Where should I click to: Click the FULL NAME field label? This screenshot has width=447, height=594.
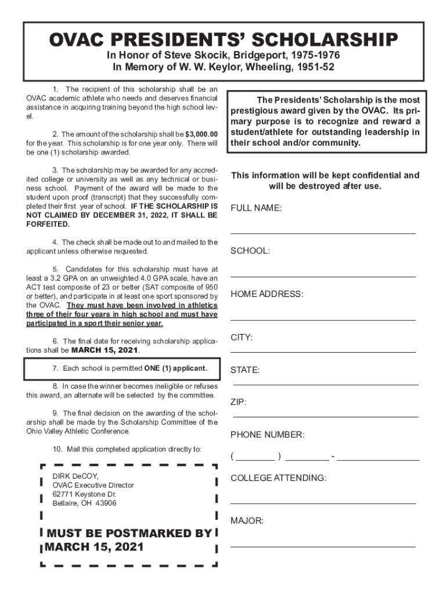(256, 208)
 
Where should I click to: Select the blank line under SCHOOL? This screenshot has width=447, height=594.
(323, 277)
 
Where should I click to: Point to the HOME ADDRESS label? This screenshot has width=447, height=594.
(267, 294)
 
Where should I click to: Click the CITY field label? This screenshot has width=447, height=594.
(241, 338)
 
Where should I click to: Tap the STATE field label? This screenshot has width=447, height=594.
(245, 370)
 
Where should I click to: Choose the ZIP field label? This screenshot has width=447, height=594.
(238, 402)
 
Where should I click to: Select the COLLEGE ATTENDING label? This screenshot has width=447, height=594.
(278, 478)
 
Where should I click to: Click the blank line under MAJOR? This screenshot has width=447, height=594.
(323, 546)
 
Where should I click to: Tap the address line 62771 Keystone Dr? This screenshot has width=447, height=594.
(85, 494)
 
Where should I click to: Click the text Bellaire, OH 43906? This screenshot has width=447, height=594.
(85, 504)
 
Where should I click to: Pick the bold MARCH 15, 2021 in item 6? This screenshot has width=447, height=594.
(105, 350)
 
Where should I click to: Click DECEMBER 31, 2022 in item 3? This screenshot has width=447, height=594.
(112, 215)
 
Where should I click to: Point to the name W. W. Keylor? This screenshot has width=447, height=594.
(212, 67)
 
